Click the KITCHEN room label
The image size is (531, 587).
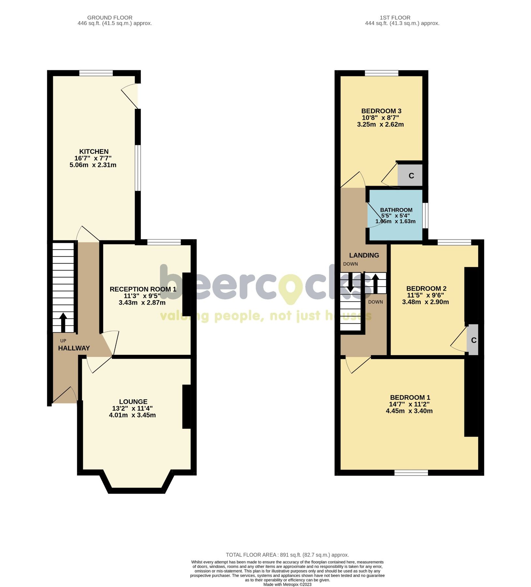[94, 152]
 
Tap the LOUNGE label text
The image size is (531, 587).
[133, 402]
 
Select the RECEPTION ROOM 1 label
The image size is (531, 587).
[143, 289]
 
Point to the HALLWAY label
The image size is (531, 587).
[74, 348]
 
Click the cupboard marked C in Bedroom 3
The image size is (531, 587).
[411, 176]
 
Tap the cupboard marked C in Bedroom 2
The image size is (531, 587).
[473, 340]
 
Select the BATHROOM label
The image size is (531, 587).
[396, 210]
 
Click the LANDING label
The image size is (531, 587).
[364, 255]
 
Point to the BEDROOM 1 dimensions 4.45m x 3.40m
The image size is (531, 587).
[409, 411]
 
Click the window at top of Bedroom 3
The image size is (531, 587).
[381, 73]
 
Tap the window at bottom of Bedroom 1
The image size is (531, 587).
[411, 473]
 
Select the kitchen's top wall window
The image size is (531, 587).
[96, 73]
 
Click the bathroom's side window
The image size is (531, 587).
[425, 216]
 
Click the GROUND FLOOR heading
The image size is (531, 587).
[110, 18]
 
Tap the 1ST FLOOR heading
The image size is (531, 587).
[395, 18]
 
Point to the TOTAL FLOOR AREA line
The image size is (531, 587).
[287, 555]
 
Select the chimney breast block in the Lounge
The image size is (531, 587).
[186, 406]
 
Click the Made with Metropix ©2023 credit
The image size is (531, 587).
[287, 584]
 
